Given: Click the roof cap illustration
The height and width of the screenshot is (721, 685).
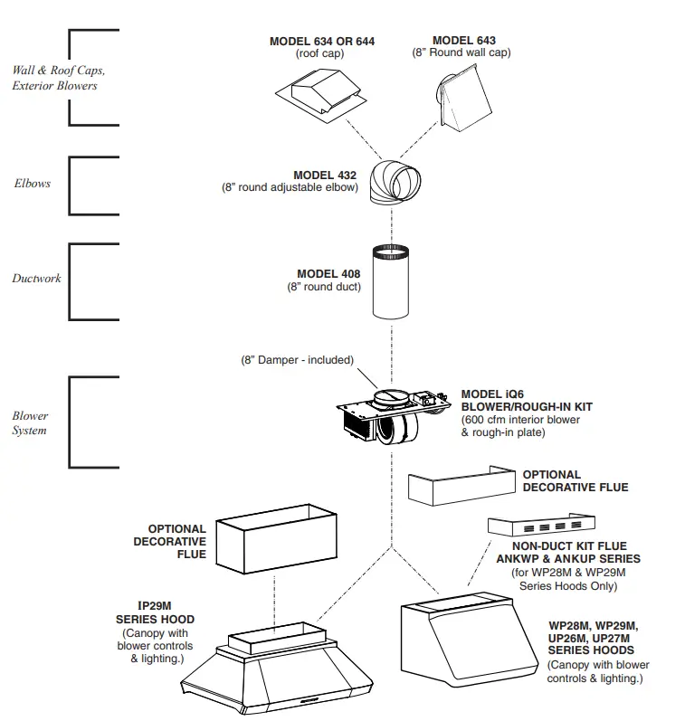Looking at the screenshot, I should tap(322, 94).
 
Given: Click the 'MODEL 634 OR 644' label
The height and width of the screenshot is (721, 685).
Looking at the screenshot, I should tap(321, 42).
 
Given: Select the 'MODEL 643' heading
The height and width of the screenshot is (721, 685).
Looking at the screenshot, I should tap(463, 41).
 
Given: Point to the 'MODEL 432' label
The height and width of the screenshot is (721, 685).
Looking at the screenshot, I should tap(324, 176).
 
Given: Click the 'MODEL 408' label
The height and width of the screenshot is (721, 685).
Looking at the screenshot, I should tap(328, 274).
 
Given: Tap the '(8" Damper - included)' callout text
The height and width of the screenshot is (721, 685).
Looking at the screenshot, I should tap(297, 360).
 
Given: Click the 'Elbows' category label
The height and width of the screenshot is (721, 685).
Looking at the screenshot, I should tap(32, 184).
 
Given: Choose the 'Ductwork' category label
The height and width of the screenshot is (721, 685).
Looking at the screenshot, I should tap(36, 279).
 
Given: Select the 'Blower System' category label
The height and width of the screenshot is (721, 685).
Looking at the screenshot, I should tap(30, 423).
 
